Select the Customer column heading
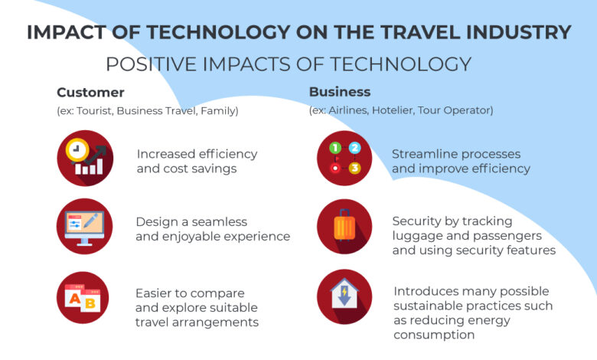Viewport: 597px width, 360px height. [x=90, y=93]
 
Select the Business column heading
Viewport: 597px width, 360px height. [x=340, y=92]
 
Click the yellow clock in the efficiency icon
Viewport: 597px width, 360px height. [x=77, y=149]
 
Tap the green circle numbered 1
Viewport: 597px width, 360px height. [x=335, y=148]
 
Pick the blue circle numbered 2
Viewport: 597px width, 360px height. [x=354, y=148]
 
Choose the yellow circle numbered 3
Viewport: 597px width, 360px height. [x=354, y=168]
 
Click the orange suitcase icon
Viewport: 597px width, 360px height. [x=344, y=224]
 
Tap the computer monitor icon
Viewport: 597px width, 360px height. [x=84, y=227]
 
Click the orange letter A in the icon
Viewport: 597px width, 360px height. [x=75, y=299]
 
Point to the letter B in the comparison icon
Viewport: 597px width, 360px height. [x=90, y=303]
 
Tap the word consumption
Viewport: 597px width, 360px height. [x=434, y=335]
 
